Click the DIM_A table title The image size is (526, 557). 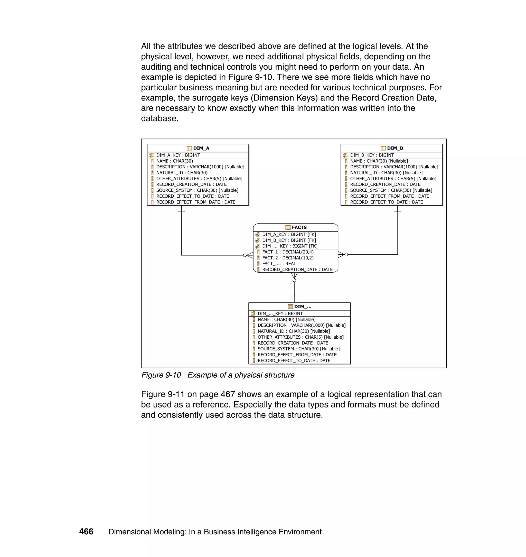201,148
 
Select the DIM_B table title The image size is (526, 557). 395,148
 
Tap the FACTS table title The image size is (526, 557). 299,227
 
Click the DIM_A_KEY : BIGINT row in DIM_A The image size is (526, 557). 178,155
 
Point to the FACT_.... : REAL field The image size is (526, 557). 279,264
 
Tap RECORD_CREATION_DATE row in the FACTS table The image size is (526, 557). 297,270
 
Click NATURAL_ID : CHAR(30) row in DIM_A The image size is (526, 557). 182,173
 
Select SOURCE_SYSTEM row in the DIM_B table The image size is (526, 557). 391,190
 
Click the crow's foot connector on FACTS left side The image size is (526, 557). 248,255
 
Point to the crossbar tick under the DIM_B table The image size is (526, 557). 397,211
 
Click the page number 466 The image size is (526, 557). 86,532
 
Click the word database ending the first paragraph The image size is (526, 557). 159,119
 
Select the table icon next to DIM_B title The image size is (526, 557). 383,148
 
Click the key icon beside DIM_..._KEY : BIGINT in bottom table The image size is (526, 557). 253,313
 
